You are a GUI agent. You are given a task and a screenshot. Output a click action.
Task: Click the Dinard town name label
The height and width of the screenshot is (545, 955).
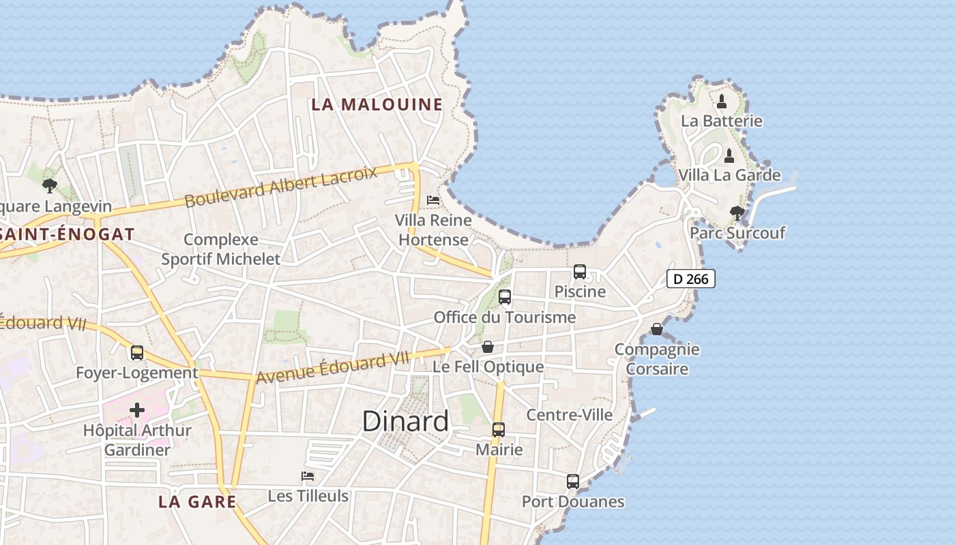[x=405, y=421]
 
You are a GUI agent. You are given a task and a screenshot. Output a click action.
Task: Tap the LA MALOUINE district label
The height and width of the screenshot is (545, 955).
[x=377, y=104]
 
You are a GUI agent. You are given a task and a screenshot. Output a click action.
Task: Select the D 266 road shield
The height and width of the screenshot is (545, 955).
[x=690, y=279]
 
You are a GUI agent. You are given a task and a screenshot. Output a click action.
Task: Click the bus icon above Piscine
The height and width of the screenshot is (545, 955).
[x=580, y=272]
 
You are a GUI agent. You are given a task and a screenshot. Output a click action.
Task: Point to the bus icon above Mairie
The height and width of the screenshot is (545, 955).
[x=499, y=430]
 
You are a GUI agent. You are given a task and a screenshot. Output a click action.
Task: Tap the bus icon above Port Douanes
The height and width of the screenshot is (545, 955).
[x=573, y=482]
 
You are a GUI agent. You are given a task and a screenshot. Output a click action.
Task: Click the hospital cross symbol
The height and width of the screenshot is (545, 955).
[x=137, y=409]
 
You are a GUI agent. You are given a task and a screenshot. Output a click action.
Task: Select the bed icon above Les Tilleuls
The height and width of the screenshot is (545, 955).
[x=308, y=476]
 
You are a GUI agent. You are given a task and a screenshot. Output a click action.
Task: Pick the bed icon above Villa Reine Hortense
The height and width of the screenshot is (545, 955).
[x=433, y=200]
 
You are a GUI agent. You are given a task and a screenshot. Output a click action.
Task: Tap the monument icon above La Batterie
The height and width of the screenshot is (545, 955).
[x=722, y=102]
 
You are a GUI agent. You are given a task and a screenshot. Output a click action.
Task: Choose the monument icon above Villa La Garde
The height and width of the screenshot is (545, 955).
[x=729, y=156]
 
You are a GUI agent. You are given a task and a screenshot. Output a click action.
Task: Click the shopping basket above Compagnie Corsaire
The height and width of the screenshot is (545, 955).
[x=657, y=330]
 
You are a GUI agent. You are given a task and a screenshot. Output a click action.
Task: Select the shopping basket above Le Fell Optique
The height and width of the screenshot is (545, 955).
[x=488, y=347]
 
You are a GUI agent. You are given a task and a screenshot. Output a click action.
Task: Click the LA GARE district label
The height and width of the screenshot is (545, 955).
[x=197, y=502]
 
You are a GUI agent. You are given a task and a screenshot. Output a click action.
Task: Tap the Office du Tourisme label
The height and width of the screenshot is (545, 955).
[x=505, y=317]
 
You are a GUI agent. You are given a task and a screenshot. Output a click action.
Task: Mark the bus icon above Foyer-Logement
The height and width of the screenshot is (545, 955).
[x=137, y=353]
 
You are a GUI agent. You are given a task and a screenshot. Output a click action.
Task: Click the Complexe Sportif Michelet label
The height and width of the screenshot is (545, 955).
[x=221, y=249]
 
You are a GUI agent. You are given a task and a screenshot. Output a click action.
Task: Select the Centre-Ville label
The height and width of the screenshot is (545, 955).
[x=570, y=415]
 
